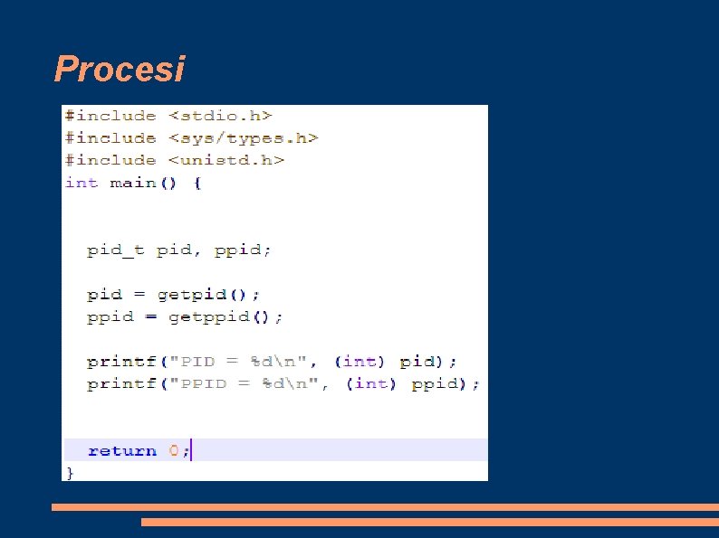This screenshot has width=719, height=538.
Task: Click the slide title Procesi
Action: click(119, 69)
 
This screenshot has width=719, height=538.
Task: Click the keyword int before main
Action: click(81, 183)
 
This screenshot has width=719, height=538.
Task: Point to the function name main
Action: click(132, 183)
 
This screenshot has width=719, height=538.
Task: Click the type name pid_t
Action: click(115, 250)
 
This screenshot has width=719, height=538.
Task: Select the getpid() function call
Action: click(208, 295)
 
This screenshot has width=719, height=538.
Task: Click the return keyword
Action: click(121, 450)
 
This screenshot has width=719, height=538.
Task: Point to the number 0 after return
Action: click(174, 450)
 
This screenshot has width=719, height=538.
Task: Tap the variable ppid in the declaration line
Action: click(241, 250)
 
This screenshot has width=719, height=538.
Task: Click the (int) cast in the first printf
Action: click(359, 362)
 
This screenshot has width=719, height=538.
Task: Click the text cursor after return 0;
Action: click(192, 450)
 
